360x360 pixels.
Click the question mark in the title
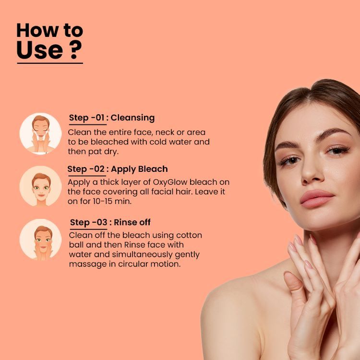pos(76,49)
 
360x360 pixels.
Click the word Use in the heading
pos(40,49)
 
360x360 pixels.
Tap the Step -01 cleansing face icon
pos(41,133)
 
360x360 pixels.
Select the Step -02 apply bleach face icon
pos(41,186)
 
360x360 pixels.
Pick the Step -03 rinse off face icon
pos(41,240)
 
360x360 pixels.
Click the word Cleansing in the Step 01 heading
pos(132,118)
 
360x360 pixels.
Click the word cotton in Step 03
pos(189,235)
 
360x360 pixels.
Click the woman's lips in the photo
pos(317,198)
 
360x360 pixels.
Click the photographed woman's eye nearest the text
pos(290,160)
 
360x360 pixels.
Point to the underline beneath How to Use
pos(50,63)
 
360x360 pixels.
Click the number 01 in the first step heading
pos(100,118)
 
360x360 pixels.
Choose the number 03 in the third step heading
pos(102,222)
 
